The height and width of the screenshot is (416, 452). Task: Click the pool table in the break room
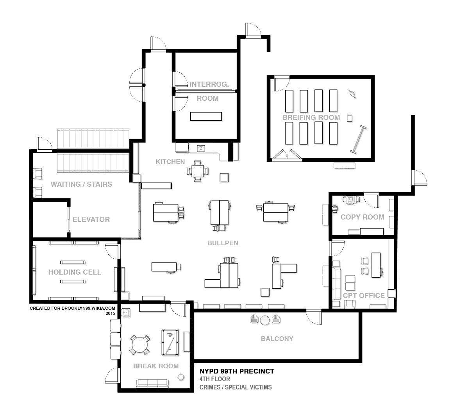point(170,343)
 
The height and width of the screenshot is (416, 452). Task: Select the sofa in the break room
point(152,383)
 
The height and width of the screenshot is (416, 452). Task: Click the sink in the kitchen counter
point(201,149)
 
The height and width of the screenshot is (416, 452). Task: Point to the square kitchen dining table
point(197,171)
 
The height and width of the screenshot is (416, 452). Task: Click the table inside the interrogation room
point(206,116)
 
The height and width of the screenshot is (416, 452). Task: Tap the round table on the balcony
point(264,320)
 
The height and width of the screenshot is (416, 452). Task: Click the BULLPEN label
point(223,243)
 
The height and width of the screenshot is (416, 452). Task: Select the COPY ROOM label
point(363,217)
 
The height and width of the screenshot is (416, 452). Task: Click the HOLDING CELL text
point(75,272)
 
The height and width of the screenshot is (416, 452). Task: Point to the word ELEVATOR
point(91,220)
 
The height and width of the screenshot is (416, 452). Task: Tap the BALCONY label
point(277,339)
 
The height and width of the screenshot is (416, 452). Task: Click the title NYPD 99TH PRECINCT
point(237,371)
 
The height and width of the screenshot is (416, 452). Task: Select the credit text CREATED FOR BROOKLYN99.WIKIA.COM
point(72,308)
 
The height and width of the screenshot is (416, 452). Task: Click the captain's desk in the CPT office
point(376,265)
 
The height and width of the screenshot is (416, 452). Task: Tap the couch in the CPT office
point(336,284)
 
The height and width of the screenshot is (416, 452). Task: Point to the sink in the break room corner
point(126,312)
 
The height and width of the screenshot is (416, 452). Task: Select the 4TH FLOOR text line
point(215,379)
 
